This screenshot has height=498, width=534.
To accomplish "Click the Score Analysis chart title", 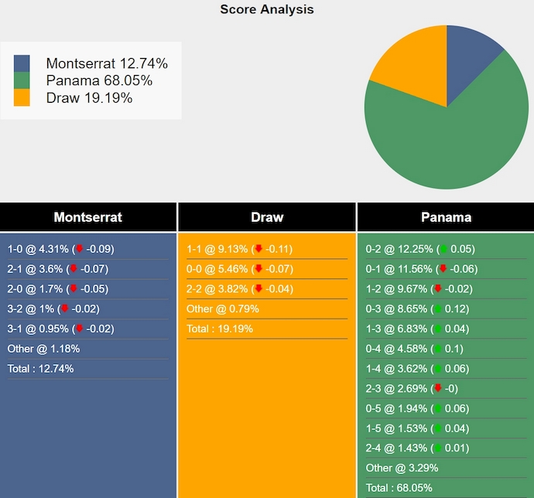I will (x=267, y=9).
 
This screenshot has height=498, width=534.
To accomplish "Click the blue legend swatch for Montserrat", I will (x=22, y=63).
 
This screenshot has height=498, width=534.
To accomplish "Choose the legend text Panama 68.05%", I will (x=99, y=80).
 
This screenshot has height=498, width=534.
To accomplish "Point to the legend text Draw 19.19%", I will (x=89, y=97).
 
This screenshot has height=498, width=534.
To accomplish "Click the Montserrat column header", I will (x=88, y=217).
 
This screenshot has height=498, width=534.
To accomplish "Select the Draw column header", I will (x=267, y=217).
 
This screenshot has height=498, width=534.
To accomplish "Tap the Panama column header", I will (x=446, y=217).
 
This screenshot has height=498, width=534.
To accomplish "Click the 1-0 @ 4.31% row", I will (x=60, y=249).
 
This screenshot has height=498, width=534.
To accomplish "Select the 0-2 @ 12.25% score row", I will (x=420, y=249).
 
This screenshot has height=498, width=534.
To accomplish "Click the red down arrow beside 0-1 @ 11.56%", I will (x=443, y=269).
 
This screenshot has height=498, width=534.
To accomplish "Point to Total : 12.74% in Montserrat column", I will (x=40, y=369).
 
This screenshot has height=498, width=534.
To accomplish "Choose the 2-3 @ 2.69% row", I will (x=416, y=388).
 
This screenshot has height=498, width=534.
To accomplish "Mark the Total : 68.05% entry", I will (x=399, y=488).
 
